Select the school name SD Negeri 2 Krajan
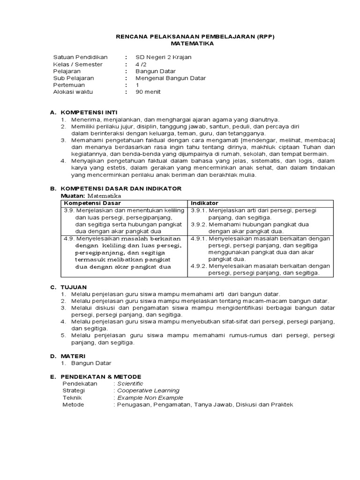point(164,57)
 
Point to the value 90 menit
point(148,92)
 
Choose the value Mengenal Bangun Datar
point(171,78)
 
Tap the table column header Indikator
point(204,203)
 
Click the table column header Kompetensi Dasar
point(92,203)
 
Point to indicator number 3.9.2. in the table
point(199,225)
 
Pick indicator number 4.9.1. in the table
point(199,239)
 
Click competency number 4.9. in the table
point(69,239)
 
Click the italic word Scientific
point(130,383)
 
